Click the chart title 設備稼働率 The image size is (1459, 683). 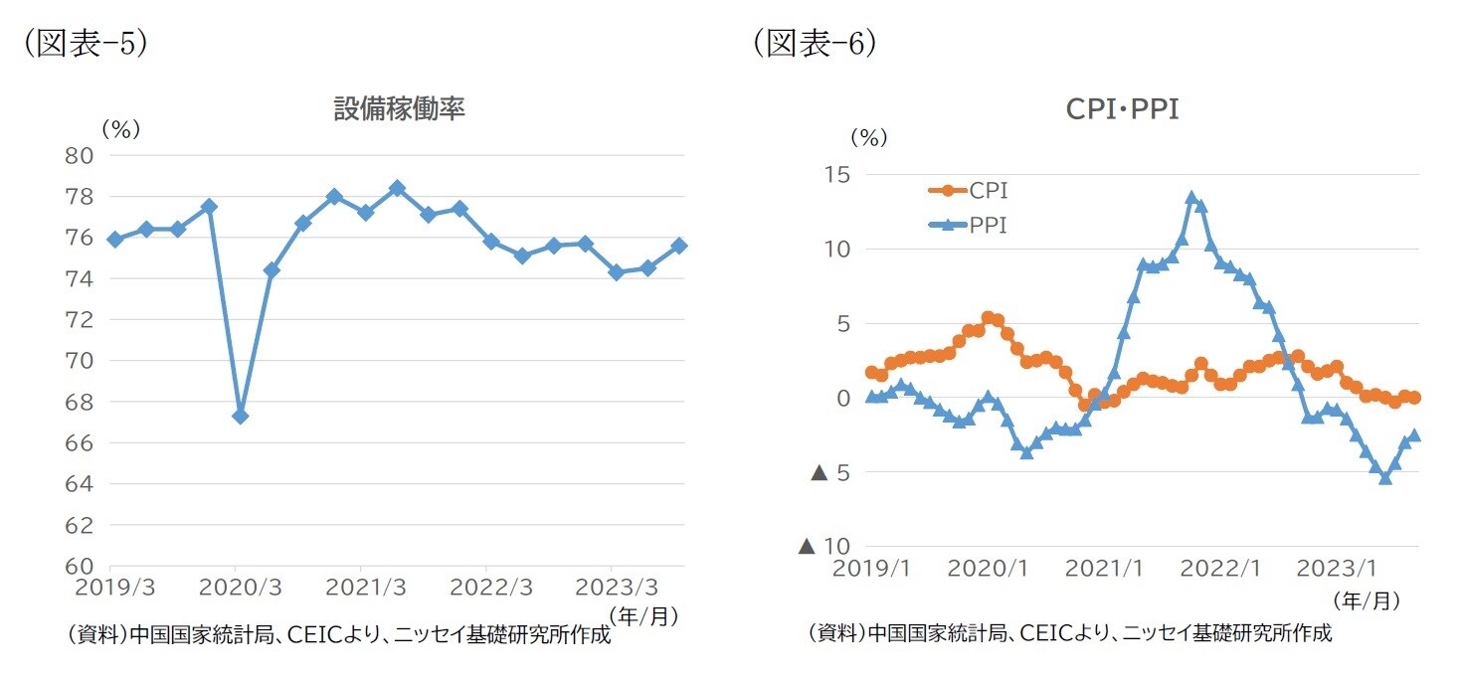[399, 110]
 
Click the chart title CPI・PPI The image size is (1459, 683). [1122, 110]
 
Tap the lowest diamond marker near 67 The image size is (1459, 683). [240, 416]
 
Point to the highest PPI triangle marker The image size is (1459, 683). [1191, 198]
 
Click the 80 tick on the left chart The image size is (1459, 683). [81, 155]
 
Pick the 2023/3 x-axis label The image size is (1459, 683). [611, 587]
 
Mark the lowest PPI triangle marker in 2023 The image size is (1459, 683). [1384, 478]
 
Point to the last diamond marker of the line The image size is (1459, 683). [679, 246]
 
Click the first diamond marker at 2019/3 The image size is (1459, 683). [115, 239]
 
